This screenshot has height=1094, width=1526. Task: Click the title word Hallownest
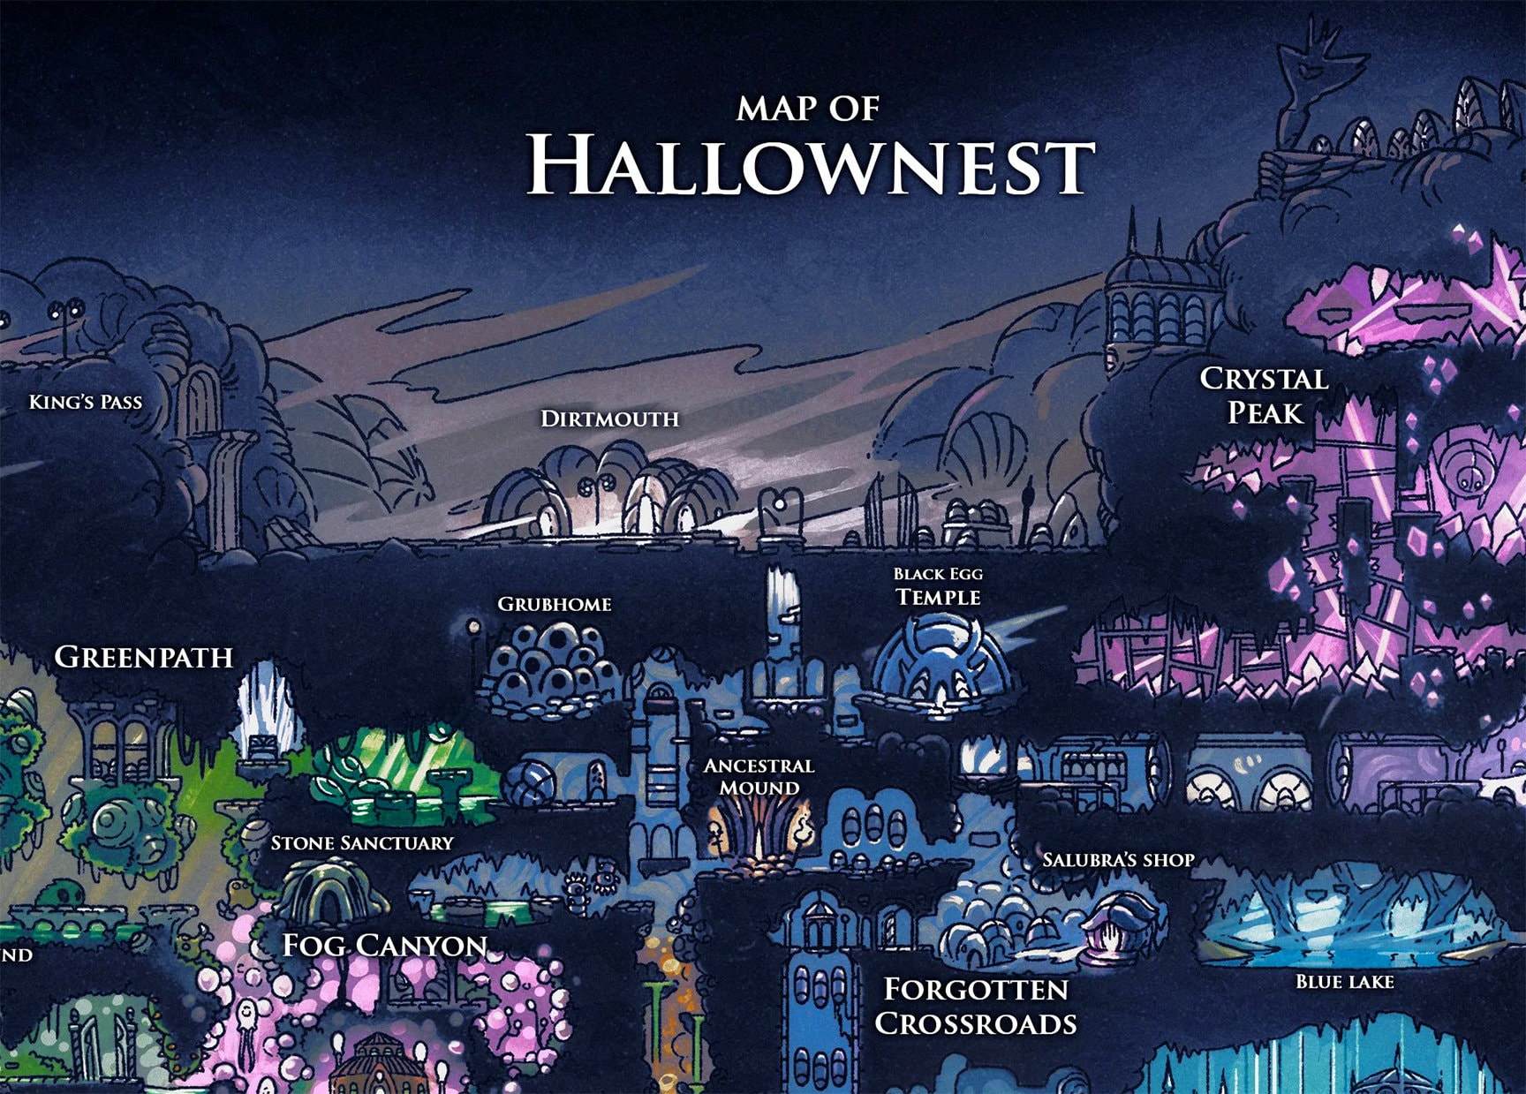(x=810, y=166)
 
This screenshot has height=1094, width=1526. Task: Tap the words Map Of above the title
(x=808, y=109)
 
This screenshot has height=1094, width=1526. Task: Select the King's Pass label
(x=86, y=403)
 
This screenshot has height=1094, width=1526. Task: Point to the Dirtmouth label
(x=609, y=419)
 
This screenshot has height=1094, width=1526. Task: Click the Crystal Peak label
(x=1264, y=396)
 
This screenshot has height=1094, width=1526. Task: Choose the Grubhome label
(x=555, y=605)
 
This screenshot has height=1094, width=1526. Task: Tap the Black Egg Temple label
(x=938, y=587)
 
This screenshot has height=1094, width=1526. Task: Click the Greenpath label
(x=144, y=657)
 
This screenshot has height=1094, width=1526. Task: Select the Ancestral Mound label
(x=759, y=776)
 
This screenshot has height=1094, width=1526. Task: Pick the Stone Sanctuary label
(x=362, y=843)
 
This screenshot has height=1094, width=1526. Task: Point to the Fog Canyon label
(x=385, y=946)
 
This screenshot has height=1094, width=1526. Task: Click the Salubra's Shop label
(x=1118, y=860)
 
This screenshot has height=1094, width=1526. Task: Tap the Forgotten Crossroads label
(x=976, y=1007)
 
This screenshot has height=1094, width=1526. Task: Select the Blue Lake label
(x=1344, y=982)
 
